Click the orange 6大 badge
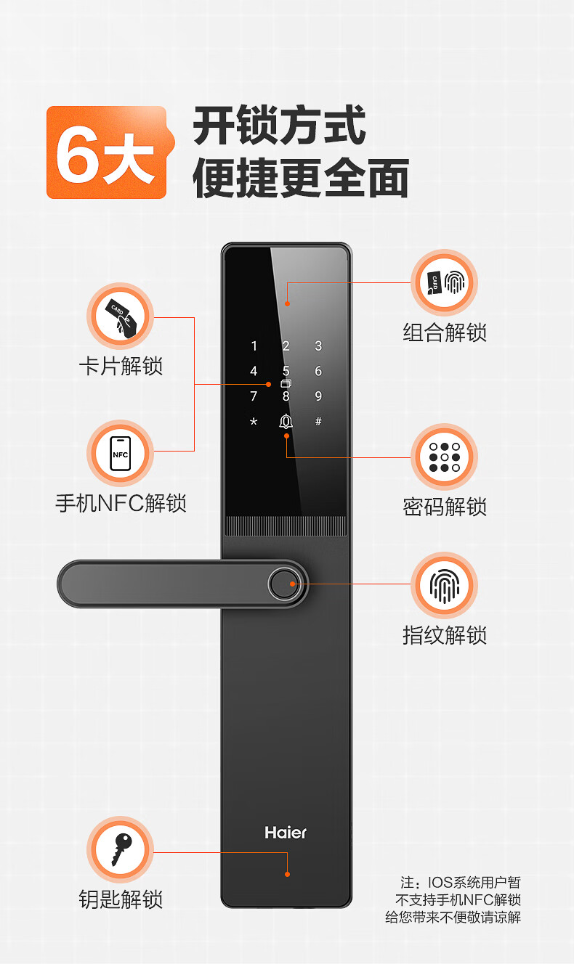[x=107, y=152]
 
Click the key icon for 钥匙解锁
[x=121, y=849]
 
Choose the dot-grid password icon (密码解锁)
[x=444, y=458]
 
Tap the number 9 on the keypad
[x=318, y=396]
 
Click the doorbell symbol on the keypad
[x=286, y=422]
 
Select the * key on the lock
[x=254, y=422]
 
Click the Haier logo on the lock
[x=286, y=833]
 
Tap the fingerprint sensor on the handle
[x=283, y=584]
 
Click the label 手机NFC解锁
[x=121, y=503]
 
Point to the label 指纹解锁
[x=444, y=635]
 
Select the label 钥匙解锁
[x=121, y=899]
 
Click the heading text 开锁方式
[x=279, y=126]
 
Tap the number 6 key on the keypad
[x=318, y=372]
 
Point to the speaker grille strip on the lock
[x=286, y=526]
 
